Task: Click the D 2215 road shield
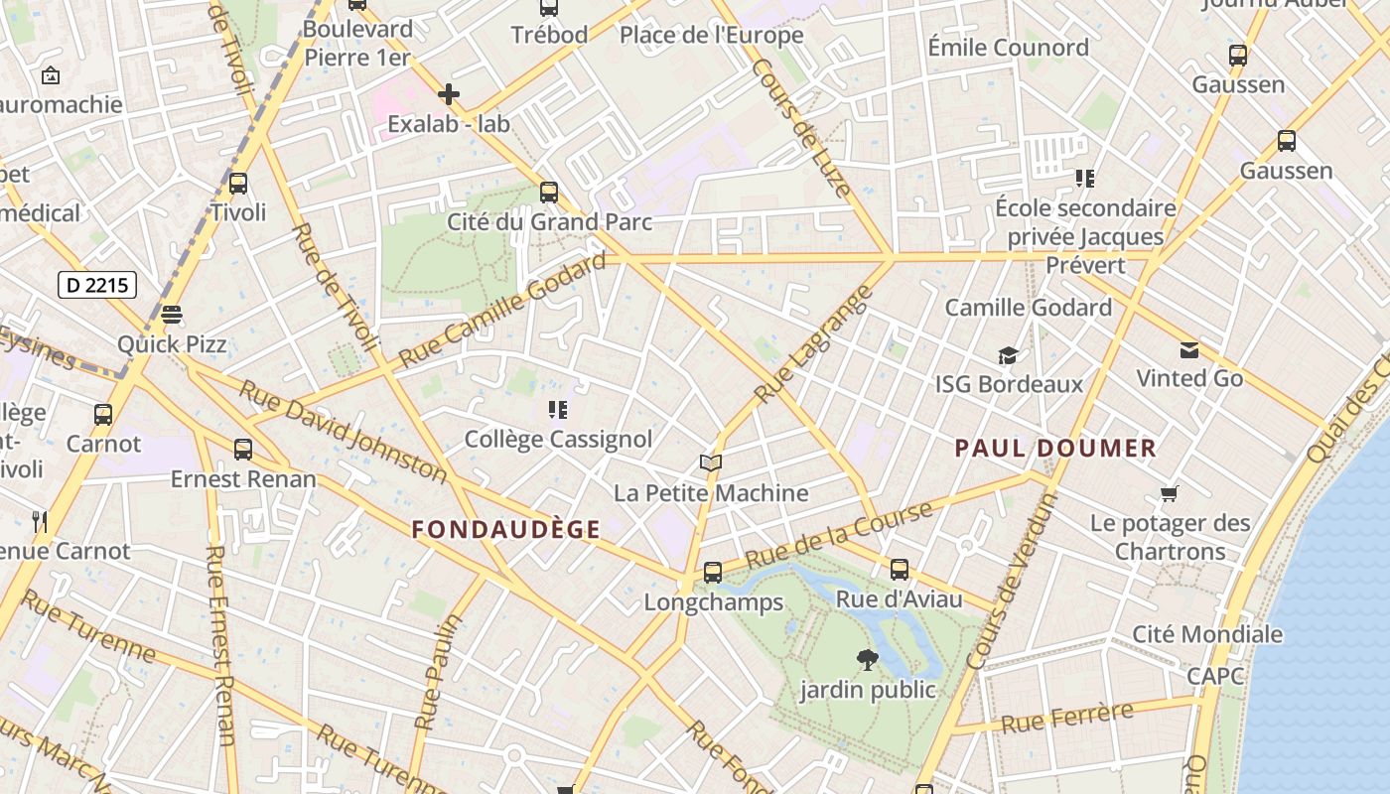pos(96,286)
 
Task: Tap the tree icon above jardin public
pos(868,659)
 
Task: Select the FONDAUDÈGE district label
pos(506,529)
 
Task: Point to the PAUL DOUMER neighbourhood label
pos(1055,448)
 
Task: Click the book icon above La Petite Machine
pos(711,463)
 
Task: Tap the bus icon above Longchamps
pos(713,573)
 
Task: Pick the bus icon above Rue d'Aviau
pos(900,570)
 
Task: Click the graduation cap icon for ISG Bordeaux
pos(1009,355)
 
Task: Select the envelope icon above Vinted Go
pos(1189,349)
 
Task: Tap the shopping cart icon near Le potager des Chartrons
pos(1170,493)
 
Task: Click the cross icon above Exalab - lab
pos(449,94)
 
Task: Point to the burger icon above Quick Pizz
pos(172,315)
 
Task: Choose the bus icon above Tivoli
pos(238,184)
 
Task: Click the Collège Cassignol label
pos(558,439)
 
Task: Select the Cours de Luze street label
pos(802,128)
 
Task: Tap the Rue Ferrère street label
pos(1067,718)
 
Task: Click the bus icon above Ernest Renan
pos(243,450)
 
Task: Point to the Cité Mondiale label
pos(1207,634)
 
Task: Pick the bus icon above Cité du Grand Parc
pos(549,193)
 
